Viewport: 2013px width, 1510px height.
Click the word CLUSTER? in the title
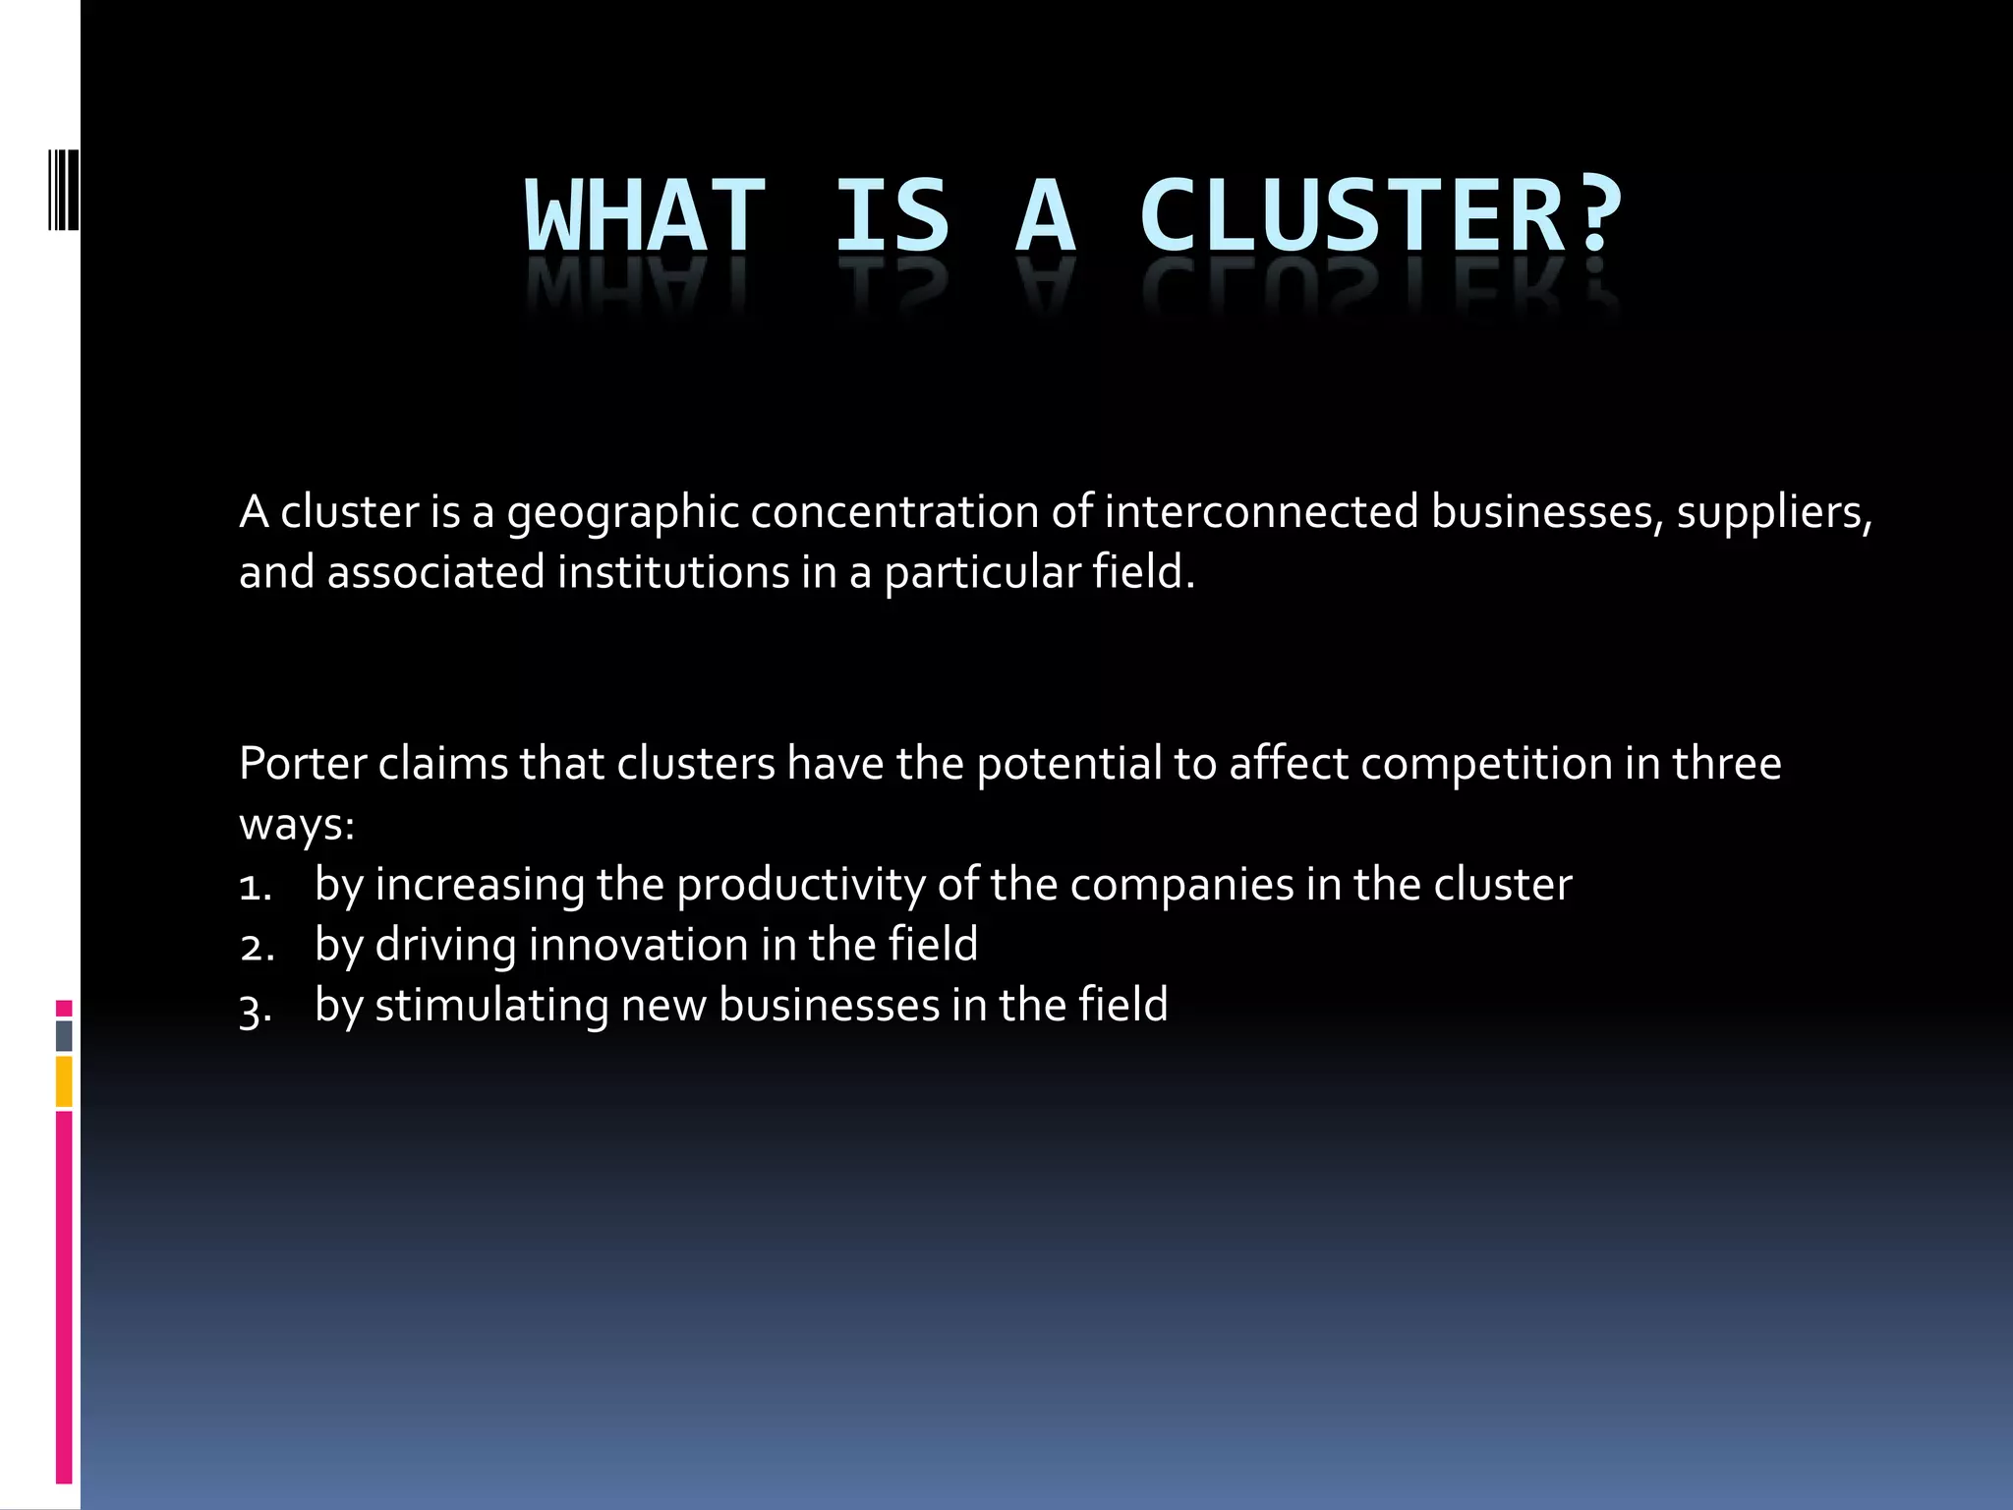pyautogui.click(x=1380, y=215)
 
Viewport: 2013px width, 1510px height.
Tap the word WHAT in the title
pyautogui.click(x=645, y=215)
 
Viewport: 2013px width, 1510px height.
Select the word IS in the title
pyautogui.click(x=891, y=215)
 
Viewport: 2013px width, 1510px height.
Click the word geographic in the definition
pyautogui.click(x=622, y=513)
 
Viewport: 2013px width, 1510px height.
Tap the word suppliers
pyautogui.click(x=1773, y=513)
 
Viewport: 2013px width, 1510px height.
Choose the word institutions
pyautogui.click(x=673, y=572)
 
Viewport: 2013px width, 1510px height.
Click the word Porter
pyautogui.click(x=302, y=764)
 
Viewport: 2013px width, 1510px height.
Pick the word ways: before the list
pyautogui.click(x=296, y=825)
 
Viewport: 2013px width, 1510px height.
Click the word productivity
pyautogui.click(x=800, y=886)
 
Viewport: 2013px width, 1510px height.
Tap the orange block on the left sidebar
pyautogui.click(x=64, y=1081)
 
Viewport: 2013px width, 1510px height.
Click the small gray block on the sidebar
pyautogui.click(x=64, y=1035)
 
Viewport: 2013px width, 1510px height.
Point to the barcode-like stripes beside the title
pyautogui.click(x=63, y=189)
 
